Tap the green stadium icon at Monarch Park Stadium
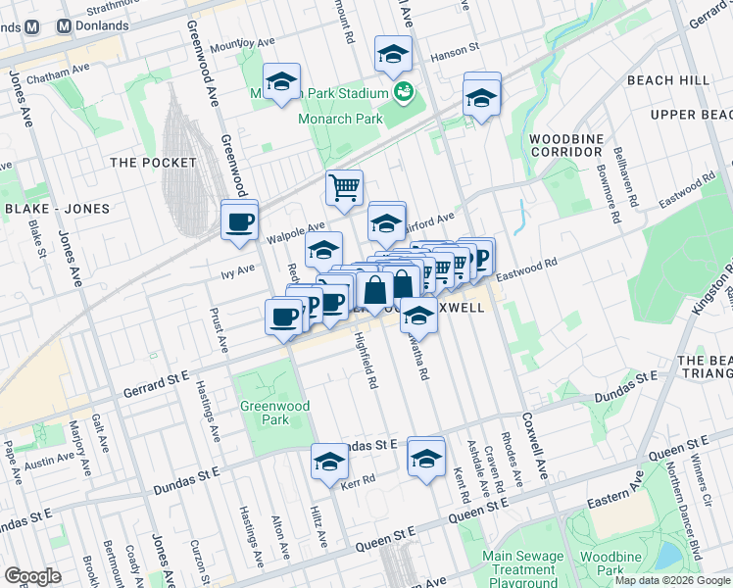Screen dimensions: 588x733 (402, 92)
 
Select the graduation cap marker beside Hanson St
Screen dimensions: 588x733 (393, 55)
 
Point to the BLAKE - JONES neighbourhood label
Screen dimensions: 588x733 (50, 209)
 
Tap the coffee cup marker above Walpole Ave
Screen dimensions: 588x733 (239, 220)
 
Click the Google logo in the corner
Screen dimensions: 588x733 (32, 575)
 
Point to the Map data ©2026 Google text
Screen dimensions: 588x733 (672, 580)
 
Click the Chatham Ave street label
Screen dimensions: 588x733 (58, 76)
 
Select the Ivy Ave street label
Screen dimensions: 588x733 (237, 268)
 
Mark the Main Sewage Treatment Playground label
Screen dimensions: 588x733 (524, 568)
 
